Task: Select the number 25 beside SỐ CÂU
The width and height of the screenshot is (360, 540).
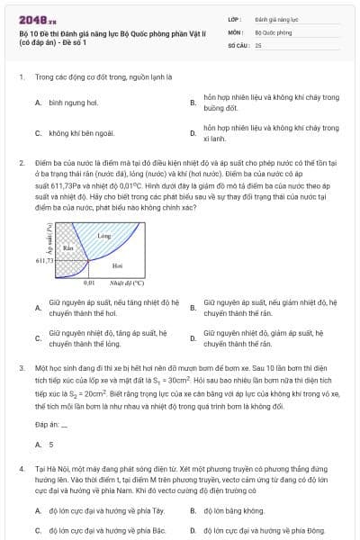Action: [258, 44]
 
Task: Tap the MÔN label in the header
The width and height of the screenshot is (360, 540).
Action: [237, 31]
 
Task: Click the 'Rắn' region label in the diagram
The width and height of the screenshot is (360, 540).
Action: [67, 247]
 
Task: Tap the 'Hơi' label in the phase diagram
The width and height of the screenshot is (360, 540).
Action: [117, 265]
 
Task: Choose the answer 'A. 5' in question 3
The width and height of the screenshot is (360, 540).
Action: [45, 445]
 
